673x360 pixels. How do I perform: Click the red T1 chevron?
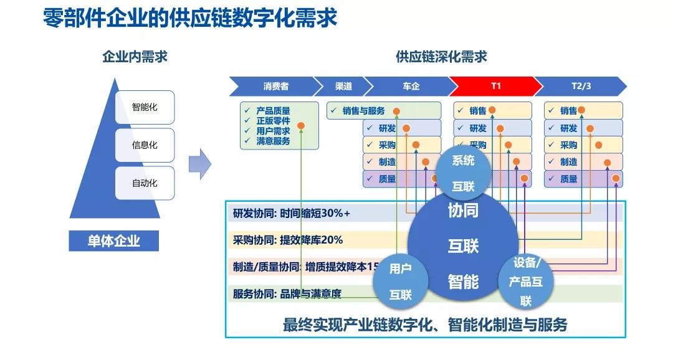pyautogui.click(x=495, y=86)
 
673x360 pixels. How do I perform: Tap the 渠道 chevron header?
pyautogui.click(x=343, y=86)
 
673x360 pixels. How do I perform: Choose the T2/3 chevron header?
pyautogui.click(x=581, y=86)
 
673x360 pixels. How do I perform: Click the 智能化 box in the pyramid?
pyautogui.click(x=145, y=107)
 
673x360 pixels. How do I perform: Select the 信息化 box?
pyautogui.click(x=145, y=145)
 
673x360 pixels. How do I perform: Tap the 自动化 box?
pyautogui.click(x=145, y=183)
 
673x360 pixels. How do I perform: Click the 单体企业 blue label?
pyautogui.click(x=113, y=240)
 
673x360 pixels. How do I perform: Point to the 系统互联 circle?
pyautogui.click(x=463, y=173)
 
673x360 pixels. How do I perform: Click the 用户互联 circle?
pyautogui.click(x=400, y=281)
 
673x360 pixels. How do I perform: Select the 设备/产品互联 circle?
pyautogui.click(x=526, y=282)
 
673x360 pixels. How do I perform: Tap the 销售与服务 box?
pyautogui.click(x=363, y=111)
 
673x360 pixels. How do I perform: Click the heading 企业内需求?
pyautogui.click(x=135, y=57)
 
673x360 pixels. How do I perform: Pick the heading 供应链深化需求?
pyautogui.click(x=441, y=57)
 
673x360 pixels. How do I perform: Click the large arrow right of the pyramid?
pyautogui.click(x=200, y=164)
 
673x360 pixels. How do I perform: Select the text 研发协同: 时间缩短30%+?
pyautogui.click(x=292, y=213)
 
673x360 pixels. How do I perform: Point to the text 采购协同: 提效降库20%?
pyautogui.click(x=288, y=240)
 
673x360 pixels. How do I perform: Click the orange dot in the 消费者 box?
pyautogui.click(x=301, y=125)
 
